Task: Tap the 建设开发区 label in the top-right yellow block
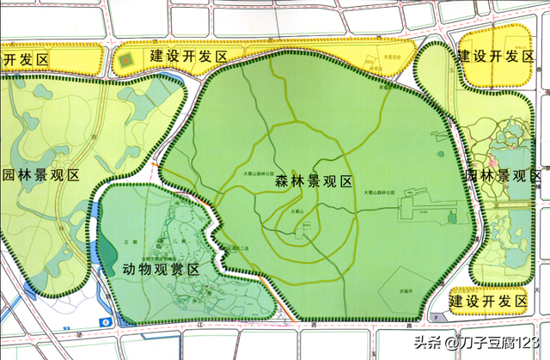pyautogui.click(x=495, y=57)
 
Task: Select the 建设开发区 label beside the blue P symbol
pyautogui.click(x=488, y=302)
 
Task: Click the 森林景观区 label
pyautogui.click(x=315, y=182)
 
